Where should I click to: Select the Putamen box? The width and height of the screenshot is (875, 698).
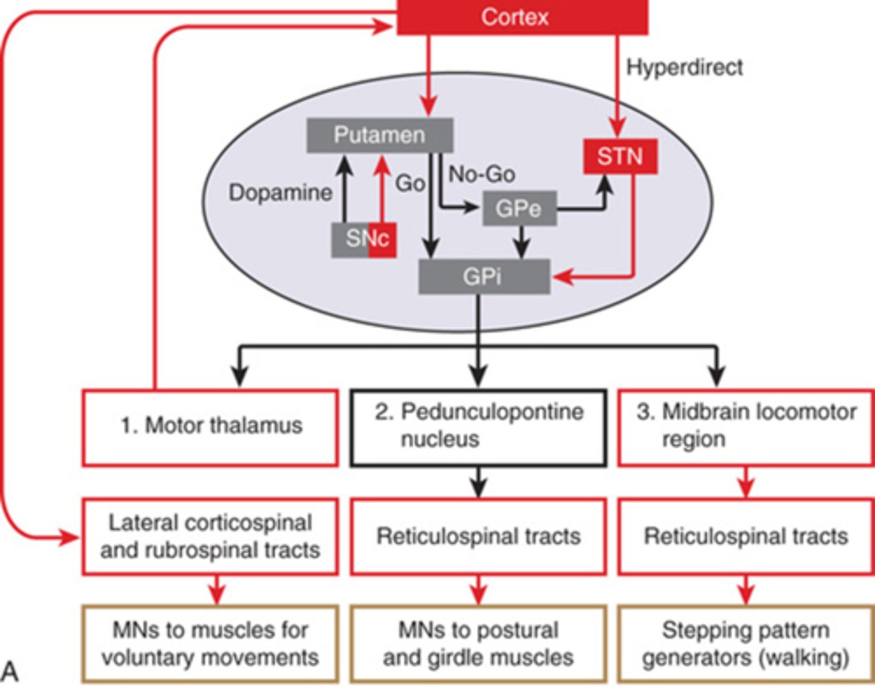(379, 135)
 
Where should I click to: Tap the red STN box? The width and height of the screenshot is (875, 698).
(620, 157)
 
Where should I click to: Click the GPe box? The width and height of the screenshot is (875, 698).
(519, 209)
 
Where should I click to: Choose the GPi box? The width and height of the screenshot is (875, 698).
(484, 277)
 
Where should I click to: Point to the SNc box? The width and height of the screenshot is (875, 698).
(364, 239)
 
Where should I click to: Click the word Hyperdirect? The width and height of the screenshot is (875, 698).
(684, 67)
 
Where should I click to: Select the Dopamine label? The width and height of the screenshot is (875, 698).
(280, 193)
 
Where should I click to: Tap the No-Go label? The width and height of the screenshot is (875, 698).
(482, 175)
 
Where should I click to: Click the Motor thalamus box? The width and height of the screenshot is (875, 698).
(210, 427)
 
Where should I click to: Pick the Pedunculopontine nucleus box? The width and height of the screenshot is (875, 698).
(478, 427)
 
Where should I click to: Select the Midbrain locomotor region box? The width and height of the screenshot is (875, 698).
(746, 427)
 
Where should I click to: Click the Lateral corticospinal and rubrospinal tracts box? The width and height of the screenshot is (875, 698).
(210, 536)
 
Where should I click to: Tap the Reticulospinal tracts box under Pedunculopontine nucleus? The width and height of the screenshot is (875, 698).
(478, 536)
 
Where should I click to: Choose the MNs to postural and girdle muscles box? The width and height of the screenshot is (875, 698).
(478, 644)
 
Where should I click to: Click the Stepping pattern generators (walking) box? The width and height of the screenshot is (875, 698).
(746, 644)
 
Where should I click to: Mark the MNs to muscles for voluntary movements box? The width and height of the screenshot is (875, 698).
(210, 644)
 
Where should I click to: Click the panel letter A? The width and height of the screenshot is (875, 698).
(10, 671)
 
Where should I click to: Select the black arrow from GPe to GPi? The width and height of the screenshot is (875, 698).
(521, 242)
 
